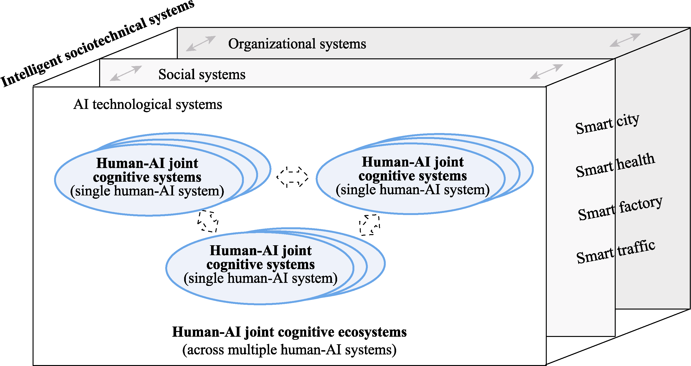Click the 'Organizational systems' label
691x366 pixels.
tap(297, 44)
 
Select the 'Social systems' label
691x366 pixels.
tap(202, 74)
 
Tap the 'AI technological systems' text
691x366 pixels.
tap(148, 104)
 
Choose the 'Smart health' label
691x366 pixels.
tap(615, 165)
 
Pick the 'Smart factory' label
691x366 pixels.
tap(620, 208)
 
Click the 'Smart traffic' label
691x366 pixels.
tap(616, 252)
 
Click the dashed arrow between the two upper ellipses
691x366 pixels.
tap(293, 177)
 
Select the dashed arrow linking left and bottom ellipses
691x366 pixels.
tap(208, 221)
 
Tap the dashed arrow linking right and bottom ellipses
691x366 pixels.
tap(370, 225)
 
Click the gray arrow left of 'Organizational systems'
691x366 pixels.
tap(201, 43)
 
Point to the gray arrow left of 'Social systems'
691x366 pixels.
tap(126, 73)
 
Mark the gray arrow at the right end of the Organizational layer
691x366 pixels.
tap(625, 40)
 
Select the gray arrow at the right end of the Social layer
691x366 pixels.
tap(546, 71)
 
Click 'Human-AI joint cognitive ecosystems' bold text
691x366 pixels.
tap(289, 332)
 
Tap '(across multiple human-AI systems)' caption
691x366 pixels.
tap(289, 350)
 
